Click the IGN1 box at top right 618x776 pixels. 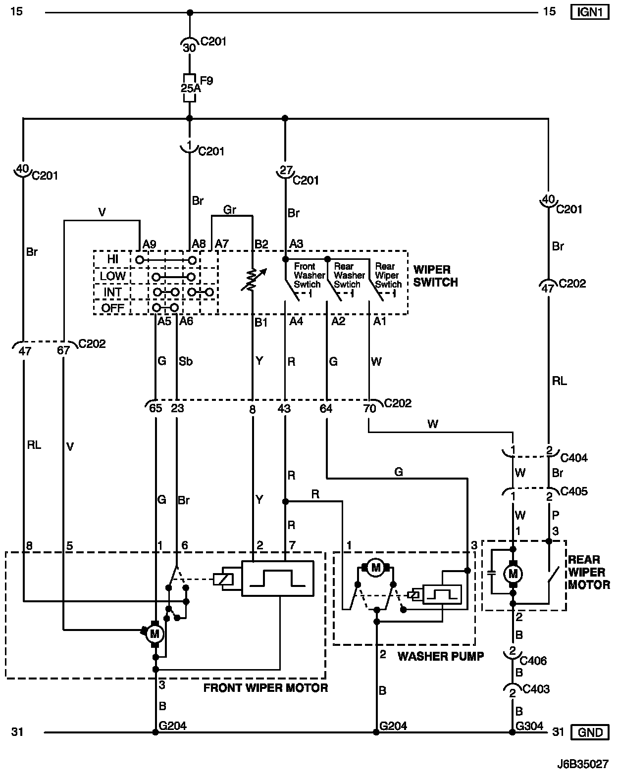589,12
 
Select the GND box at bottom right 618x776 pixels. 590,732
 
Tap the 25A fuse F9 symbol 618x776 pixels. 189,88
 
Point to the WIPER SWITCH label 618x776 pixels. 435,276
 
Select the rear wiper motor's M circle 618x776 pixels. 513,574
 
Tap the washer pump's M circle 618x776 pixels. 375,568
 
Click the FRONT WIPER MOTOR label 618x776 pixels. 265,688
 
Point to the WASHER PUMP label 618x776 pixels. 441,656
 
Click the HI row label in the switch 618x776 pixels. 112,259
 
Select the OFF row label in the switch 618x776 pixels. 112,308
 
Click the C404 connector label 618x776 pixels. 574,458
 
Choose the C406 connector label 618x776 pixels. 533,661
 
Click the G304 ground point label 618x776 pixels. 529,726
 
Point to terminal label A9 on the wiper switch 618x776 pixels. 149,244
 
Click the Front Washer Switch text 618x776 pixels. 309,275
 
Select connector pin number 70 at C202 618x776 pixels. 369,408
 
